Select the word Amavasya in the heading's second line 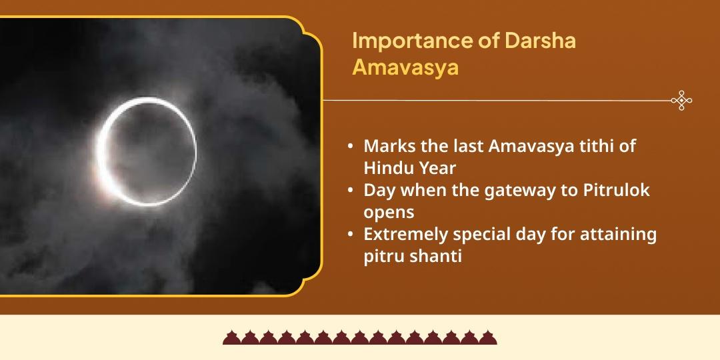[405, 68]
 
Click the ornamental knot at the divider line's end [681, 101]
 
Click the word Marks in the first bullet [386, 146]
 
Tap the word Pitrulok [617, 191]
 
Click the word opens [389, 213]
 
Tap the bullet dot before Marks [351, 147]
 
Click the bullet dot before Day [351, 191]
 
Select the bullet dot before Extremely [351, 235]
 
